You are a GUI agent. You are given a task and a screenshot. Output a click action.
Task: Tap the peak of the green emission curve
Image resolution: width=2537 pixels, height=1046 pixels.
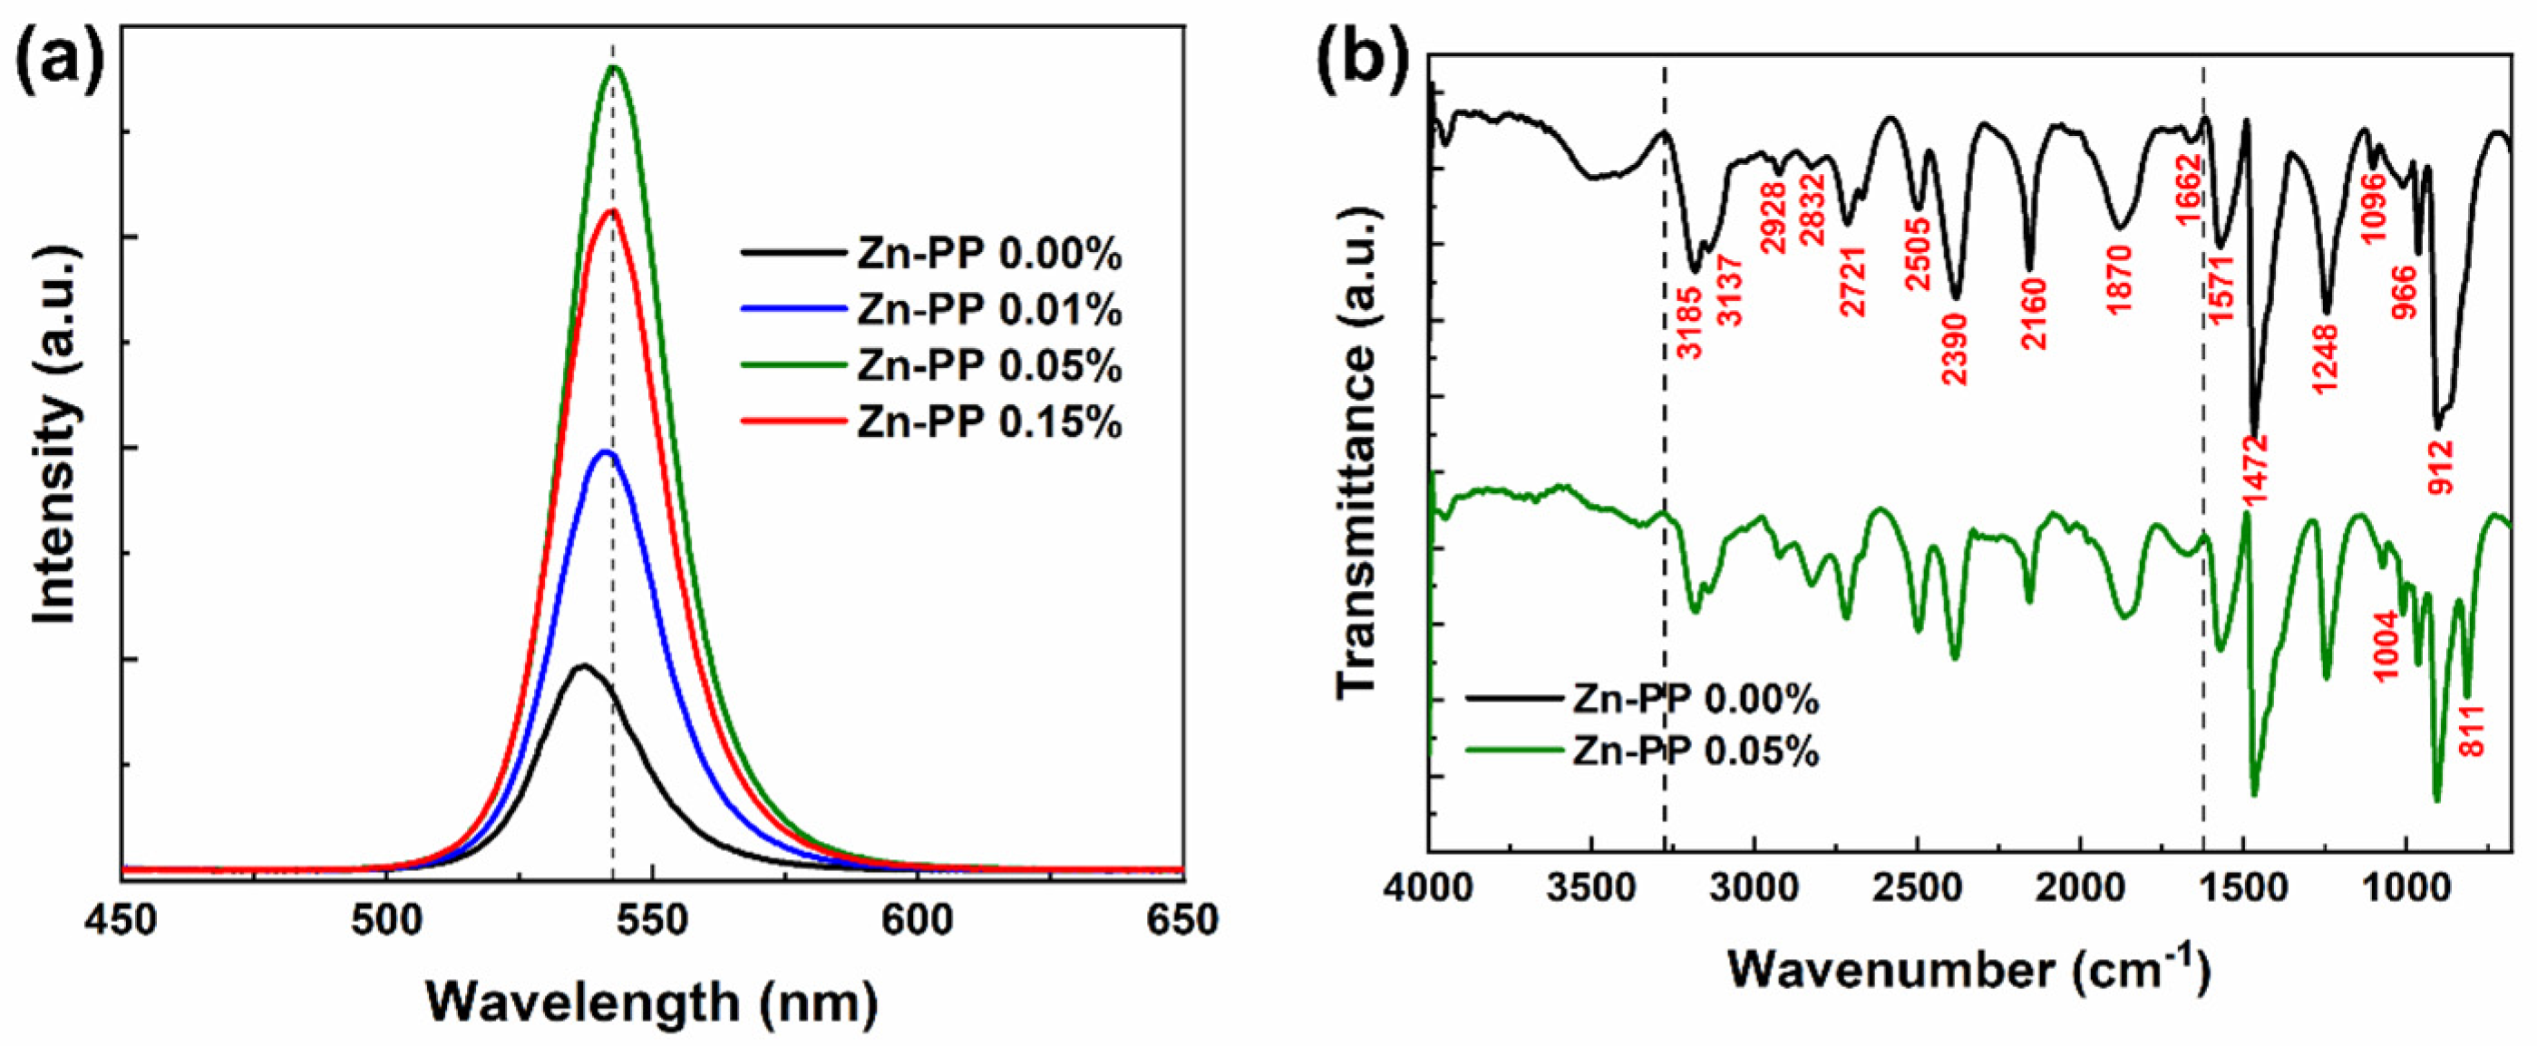[x=615, y=67]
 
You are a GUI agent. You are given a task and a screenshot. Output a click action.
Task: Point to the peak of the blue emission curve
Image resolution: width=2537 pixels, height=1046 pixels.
[x=606, y=452]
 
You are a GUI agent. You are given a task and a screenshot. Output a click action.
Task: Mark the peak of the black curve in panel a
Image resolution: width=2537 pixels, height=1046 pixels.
[x=584, y=666]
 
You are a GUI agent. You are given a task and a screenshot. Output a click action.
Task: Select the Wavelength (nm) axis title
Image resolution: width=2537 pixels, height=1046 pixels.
[x=651, y=1003]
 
